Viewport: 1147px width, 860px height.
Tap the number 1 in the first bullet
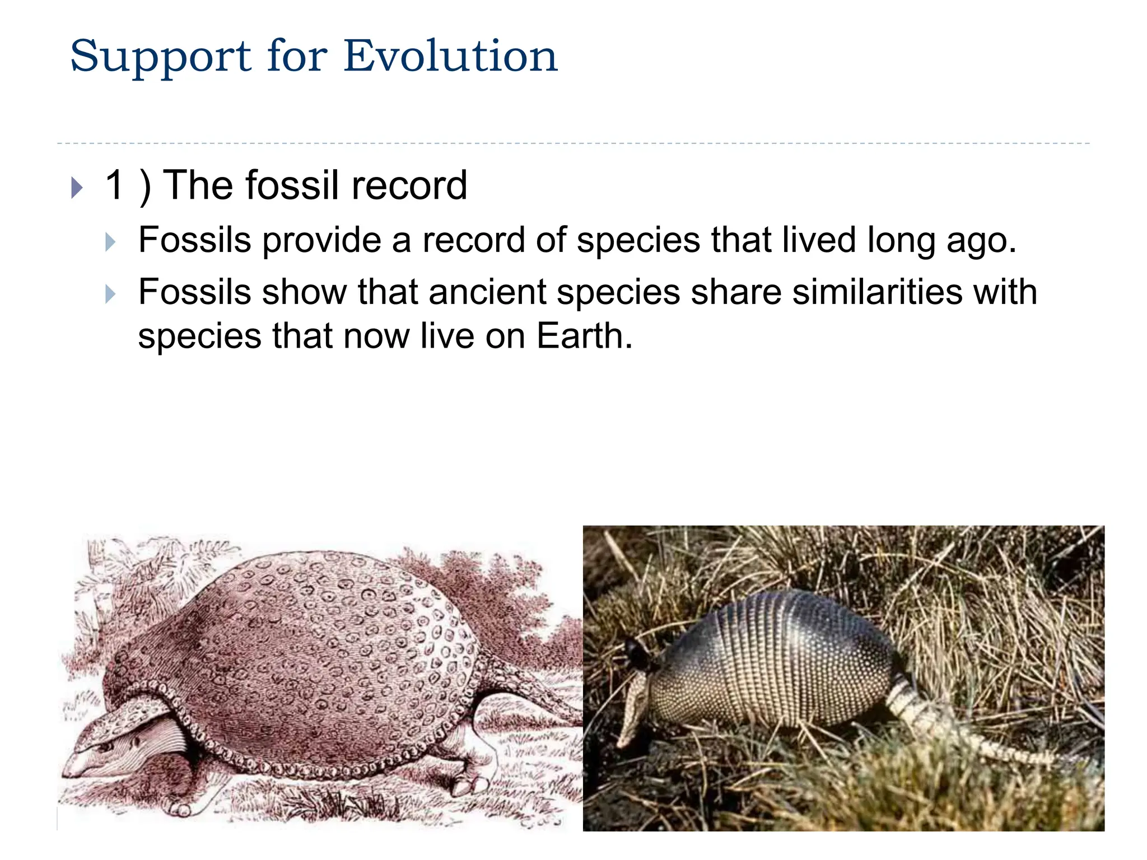tap(115, 185)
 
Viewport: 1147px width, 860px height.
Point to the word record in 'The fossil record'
tap(409, 185)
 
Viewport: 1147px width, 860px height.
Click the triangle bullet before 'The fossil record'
tap(77, 188)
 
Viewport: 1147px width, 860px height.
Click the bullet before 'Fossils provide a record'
tap(110, 242)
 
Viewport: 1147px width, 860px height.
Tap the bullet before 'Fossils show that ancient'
tap(110, 293)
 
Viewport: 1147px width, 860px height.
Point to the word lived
tap(819, 240)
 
